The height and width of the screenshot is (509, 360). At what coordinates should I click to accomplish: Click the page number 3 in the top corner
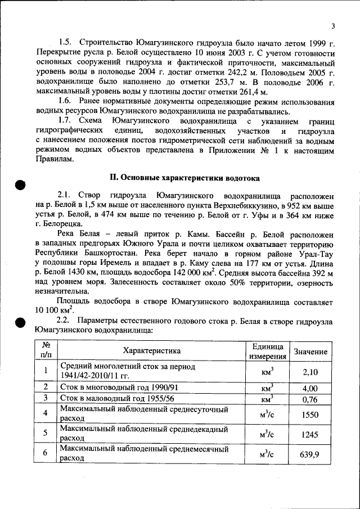click(x=333, y=26)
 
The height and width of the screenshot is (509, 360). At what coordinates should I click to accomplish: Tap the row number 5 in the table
click(x=44, y=434)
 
